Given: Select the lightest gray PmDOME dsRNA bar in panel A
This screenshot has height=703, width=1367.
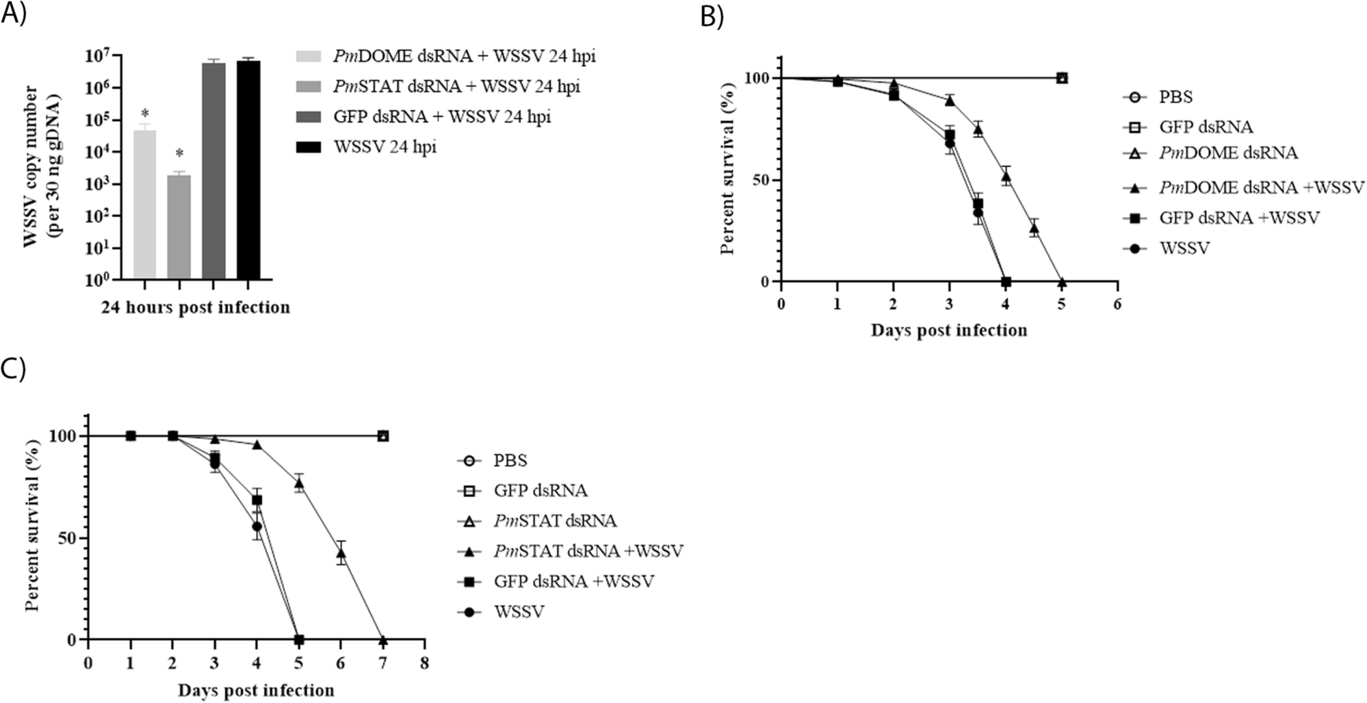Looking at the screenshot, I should click(x=144, y=205).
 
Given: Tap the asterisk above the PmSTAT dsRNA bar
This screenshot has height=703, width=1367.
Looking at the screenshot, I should click(x=179, y=153).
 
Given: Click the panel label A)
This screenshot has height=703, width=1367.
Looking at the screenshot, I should click(x=14, y=14).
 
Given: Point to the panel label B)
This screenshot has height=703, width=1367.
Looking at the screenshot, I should click(x=712, y=16).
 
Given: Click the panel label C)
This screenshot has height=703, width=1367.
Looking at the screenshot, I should click(x=14, y=369).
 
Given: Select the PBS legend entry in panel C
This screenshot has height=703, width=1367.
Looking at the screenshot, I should click(x=510, y=461).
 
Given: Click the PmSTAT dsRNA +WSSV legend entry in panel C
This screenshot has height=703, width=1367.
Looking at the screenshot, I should click(x=588, y=551).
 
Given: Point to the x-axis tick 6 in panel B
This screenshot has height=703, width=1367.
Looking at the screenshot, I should click(x=1117, y=303).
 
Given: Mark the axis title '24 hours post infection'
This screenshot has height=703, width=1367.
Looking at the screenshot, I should click(x=196, y=308).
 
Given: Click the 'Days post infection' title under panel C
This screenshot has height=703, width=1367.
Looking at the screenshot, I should click(x=256, y=690).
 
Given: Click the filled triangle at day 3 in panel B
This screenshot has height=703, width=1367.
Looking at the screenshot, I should click(x=950, y=101).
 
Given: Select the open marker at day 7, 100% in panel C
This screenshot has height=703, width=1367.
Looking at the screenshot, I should click(x=383, y=436).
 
